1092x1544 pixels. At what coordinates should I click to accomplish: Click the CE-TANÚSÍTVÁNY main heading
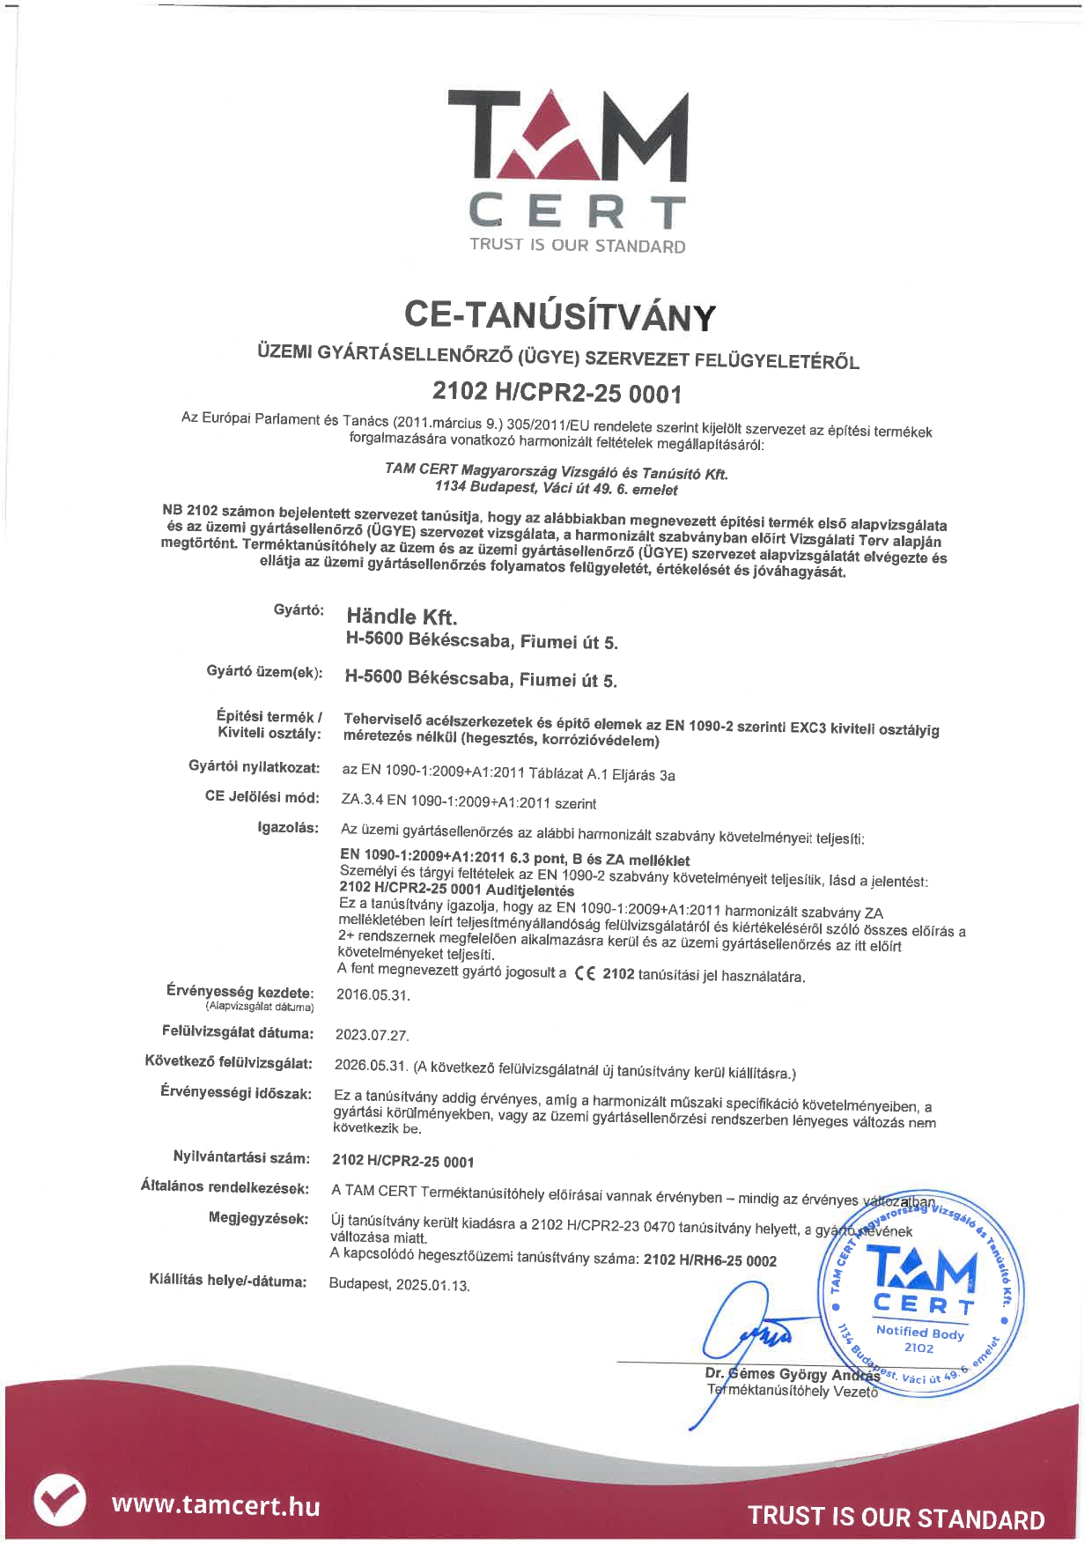point(559,316)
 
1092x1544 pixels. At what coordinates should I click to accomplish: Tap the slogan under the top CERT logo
point(577,245)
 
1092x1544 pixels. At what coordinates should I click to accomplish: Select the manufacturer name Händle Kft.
point(402,616)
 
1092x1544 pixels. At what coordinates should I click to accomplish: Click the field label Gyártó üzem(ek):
point(264,672)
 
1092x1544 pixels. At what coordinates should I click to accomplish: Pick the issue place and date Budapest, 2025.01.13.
point(399,1284)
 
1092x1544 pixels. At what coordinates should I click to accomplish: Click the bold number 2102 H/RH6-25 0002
point(710,1260)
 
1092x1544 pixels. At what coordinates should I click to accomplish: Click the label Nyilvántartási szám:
point(241,1157)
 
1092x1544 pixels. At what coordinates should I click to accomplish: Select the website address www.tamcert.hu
point(216,1504)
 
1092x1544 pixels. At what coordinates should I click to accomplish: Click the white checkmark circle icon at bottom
point(60,1500)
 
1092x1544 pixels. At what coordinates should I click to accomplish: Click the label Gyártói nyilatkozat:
point(254,767)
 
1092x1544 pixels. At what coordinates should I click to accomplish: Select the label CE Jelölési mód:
point(262,796)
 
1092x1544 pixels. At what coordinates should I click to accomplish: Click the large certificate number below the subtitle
point(557,392)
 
